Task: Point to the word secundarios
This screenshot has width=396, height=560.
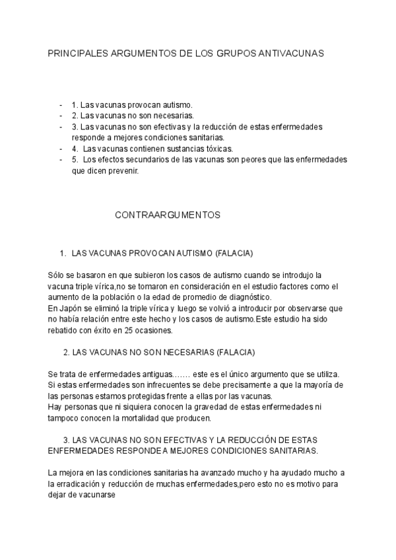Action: [x=138, y=160]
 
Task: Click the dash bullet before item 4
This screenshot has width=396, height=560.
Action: [x=61, y=149]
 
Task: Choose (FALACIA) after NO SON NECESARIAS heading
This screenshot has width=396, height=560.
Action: [x=236, y=352]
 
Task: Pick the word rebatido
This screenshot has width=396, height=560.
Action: [x=65, y=330]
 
